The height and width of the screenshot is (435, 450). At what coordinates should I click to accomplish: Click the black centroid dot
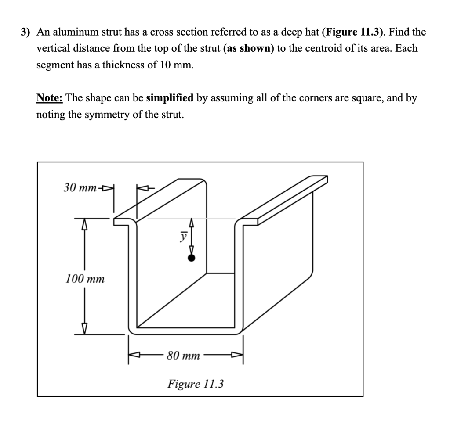[x=191, y=258]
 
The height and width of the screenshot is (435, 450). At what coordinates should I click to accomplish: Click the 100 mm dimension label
[x=85, y=278]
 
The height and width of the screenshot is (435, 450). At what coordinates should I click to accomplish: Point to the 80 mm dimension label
[x=183, y=355]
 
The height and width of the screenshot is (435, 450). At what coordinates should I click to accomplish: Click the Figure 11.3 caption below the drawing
[x=196, y=384]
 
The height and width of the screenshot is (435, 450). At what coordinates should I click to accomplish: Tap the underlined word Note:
[x=50, y=97]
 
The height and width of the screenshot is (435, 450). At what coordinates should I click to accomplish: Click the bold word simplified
[x=170, y=97]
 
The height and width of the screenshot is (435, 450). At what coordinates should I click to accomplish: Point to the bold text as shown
[x=249, y=48]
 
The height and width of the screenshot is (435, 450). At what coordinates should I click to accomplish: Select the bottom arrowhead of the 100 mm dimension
[x=85, y=328]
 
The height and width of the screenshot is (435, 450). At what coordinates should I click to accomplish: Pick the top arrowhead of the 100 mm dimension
[x=85, y=224]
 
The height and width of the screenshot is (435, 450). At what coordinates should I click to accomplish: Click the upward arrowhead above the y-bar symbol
[x=191, y=223]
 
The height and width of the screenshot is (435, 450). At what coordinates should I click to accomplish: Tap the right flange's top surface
[x=286, y=200]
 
